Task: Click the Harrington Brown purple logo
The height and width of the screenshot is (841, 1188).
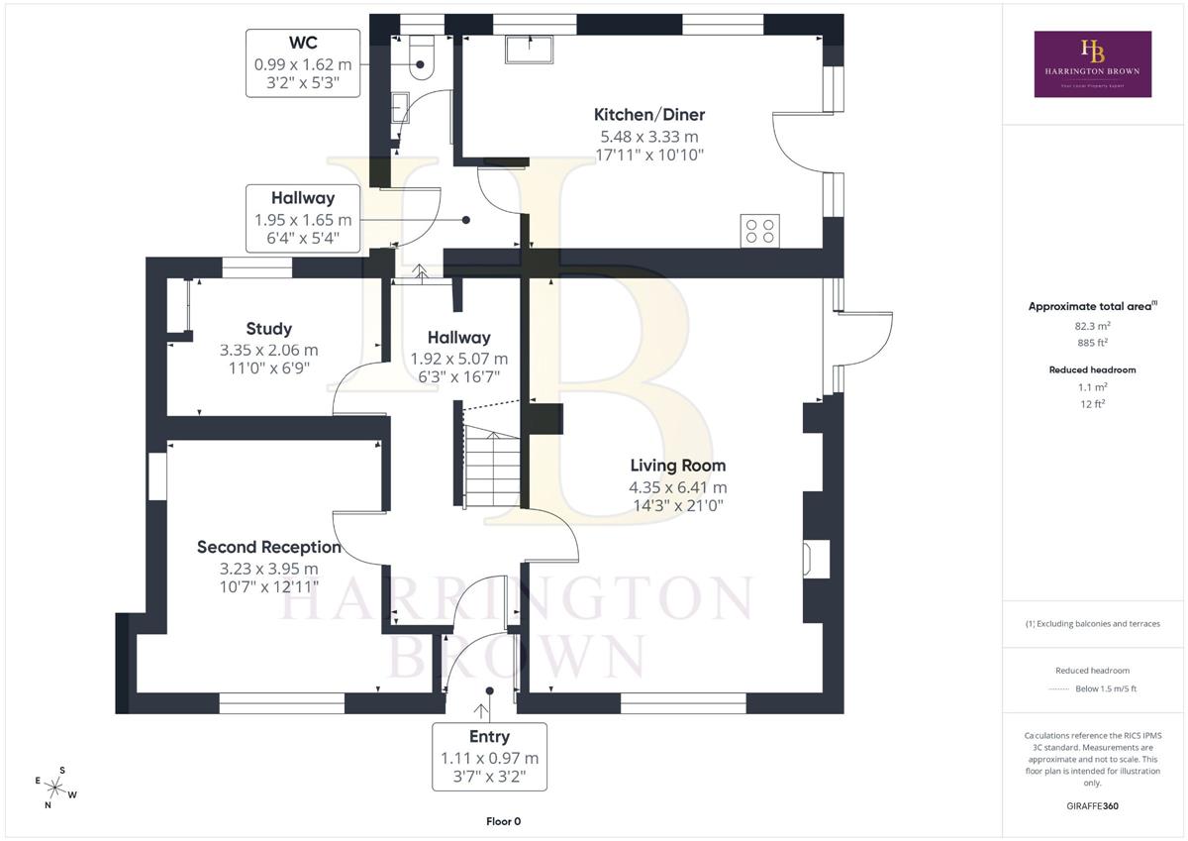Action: tap(1093, 63)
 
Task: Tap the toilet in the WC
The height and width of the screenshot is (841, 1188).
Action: tap(422, 57)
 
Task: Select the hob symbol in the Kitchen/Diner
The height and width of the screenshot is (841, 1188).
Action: tap(760, 231)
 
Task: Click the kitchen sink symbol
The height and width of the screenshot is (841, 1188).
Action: tap(529, 50)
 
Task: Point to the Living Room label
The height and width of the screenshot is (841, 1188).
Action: tap(678, 466)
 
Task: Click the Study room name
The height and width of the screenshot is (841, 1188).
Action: tap(269, 329)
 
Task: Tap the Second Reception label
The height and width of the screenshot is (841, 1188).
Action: tap(269, 547)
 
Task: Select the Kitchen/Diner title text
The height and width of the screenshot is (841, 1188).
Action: tap(649, 114)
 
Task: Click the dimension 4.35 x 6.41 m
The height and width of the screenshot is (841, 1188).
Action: tap(678, 487)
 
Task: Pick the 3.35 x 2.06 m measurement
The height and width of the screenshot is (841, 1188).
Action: tap(269, 351)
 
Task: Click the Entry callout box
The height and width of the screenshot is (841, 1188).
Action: tap(489, 757)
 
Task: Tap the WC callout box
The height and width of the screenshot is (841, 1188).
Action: tap(303, 63)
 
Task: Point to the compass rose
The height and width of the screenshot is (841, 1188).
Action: tap(55, 788)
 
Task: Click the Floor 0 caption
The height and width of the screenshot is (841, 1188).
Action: tap(503, 821)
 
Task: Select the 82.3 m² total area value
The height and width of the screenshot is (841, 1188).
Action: tap(1093, 326)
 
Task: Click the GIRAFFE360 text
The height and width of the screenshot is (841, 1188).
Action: tap(1093, 806)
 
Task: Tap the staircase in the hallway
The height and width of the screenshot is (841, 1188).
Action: tap(492, 466)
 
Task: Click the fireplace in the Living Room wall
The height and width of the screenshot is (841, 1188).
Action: tap(816, 559)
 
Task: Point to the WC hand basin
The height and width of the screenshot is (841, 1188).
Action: tap(400, 108)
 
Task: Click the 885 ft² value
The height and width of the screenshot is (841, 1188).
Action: tap(1093, 343)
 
